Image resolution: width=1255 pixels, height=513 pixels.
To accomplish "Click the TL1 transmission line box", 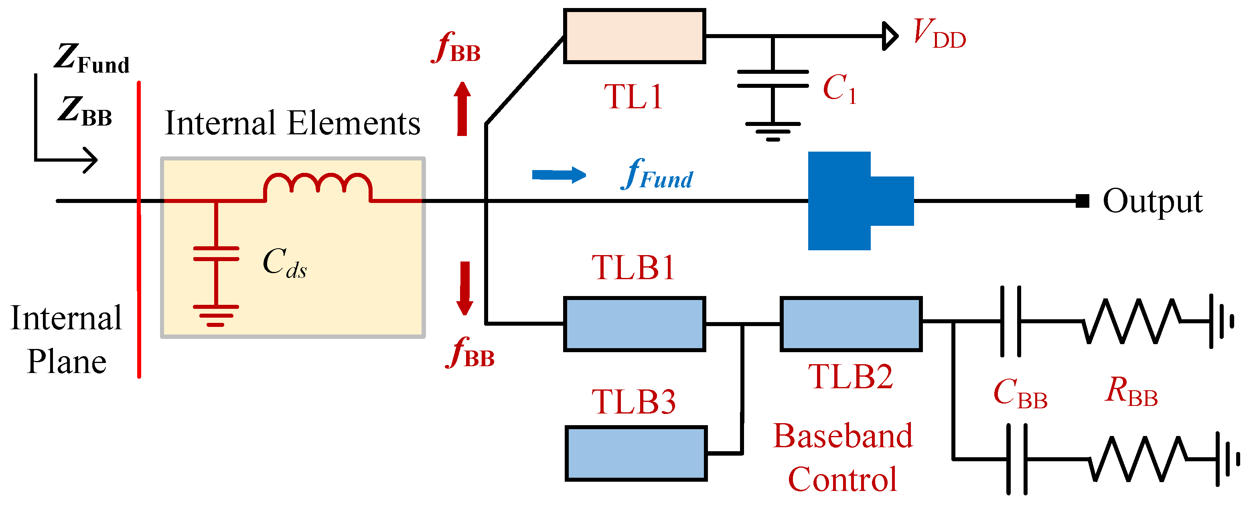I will [635, 36].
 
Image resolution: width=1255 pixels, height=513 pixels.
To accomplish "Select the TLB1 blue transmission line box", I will [635, 324].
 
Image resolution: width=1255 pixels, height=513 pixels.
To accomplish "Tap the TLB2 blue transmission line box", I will [851, 324].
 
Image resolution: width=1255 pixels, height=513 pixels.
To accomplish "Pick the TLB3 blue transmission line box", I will [636, 454].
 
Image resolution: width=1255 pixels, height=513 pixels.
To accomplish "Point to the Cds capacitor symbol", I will [216, 254].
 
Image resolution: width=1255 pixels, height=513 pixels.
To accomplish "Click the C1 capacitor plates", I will [772, 79].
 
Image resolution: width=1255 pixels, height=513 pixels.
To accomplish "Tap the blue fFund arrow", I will [558, 175].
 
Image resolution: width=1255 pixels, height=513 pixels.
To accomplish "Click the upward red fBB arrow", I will [462, 109].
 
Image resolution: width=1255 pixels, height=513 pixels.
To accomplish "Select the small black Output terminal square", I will [1082, 201].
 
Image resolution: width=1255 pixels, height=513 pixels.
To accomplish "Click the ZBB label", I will [86, 111].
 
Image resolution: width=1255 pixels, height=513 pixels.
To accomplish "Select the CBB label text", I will [1020, 393].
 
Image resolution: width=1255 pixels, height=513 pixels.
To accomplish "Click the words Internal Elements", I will [292, 123].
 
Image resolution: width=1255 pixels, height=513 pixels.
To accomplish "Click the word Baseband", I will [843, 436].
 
